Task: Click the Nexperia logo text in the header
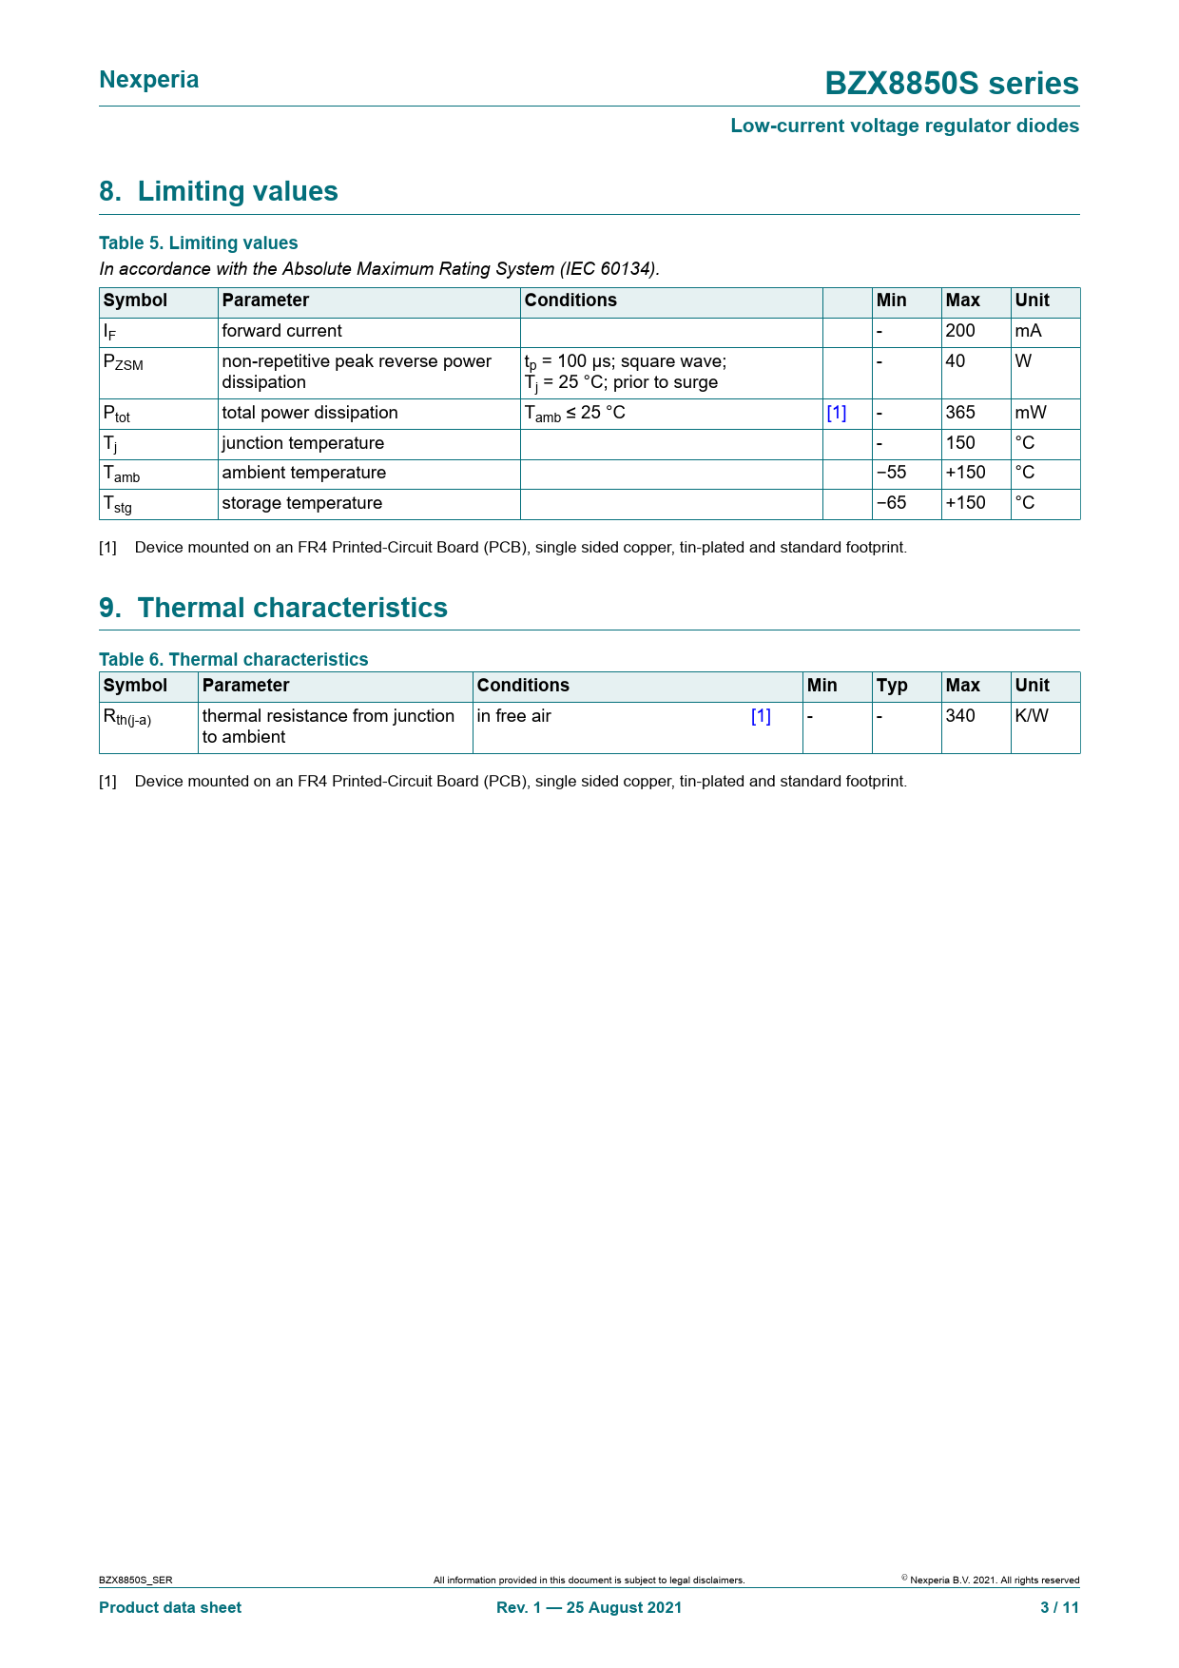(x=149, y=80)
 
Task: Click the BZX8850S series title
(x=951, y=84)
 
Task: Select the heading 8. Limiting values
(x=219, y=191)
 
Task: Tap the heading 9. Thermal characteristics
(x=273, y=608)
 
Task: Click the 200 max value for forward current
(x=960, y=331)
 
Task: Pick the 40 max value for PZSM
(x=955, y=361)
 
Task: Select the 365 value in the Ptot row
(x=960, y=413)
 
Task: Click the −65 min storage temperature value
(x=891, y=503)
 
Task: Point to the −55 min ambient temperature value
(x=891, y=473)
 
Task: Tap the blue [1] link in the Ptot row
(x=836, y=413)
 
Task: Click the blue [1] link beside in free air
(x=761, y=716)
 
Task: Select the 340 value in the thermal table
(x=960, y=716)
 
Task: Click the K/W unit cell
(x=1032, y=716)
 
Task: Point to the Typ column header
(x=892, y=686)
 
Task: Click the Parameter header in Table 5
(x=265, y=301)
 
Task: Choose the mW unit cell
(x=1031, y=413)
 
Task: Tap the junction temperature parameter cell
(x=302, y=443)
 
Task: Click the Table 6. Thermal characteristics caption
(x=233, y=659)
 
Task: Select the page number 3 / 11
(x=1059, y=1607)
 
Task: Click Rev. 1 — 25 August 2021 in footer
(x=589, y=1607)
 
